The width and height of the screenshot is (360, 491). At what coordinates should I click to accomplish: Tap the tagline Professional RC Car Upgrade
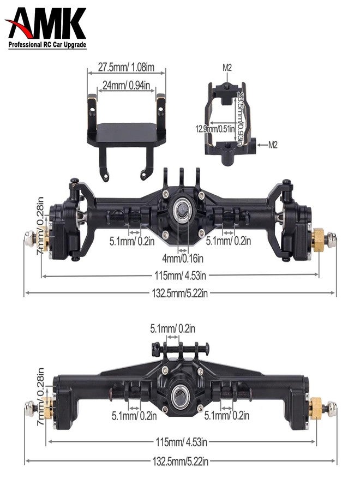click(x=47, y=46)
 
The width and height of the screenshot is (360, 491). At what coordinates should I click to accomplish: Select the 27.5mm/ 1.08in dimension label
click(x=127, y=67)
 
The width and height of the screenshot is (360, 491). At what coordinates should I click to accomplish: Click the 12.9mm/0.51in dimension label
click(x=215, y=129)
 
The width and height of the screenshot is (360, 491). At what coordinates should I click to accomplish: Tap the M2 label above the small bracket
click(x=227, y=68)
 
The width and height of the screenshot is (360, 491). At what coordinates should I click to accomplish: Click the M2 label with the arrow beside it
click(x=274, y=145)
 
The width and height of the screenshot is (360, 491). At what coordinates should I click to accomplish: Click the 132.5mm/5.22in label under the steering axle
click(x=180, y=293)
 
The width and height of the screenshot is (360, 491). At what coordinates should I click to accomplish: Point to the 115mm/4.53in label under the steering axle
click(x=180, y=276)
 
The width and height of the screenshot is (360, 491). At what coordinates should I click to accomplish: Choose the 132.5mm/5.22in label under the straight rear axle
click(x=181, y=462)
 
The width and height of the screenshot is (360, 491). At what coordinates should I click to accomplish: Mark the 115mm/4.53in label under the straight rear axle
click(x=181, y=441)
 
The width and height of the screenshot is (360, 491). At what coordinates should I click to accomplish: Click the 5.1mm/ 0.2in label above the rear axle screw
click(x=173, y=328)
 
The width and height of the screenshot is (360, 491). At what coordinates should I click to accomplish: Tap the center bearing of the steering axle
click(x=180, y=208)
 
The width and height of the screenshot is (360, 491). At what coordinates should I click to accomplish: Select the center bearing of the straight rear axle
click(x=181, y=394)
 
